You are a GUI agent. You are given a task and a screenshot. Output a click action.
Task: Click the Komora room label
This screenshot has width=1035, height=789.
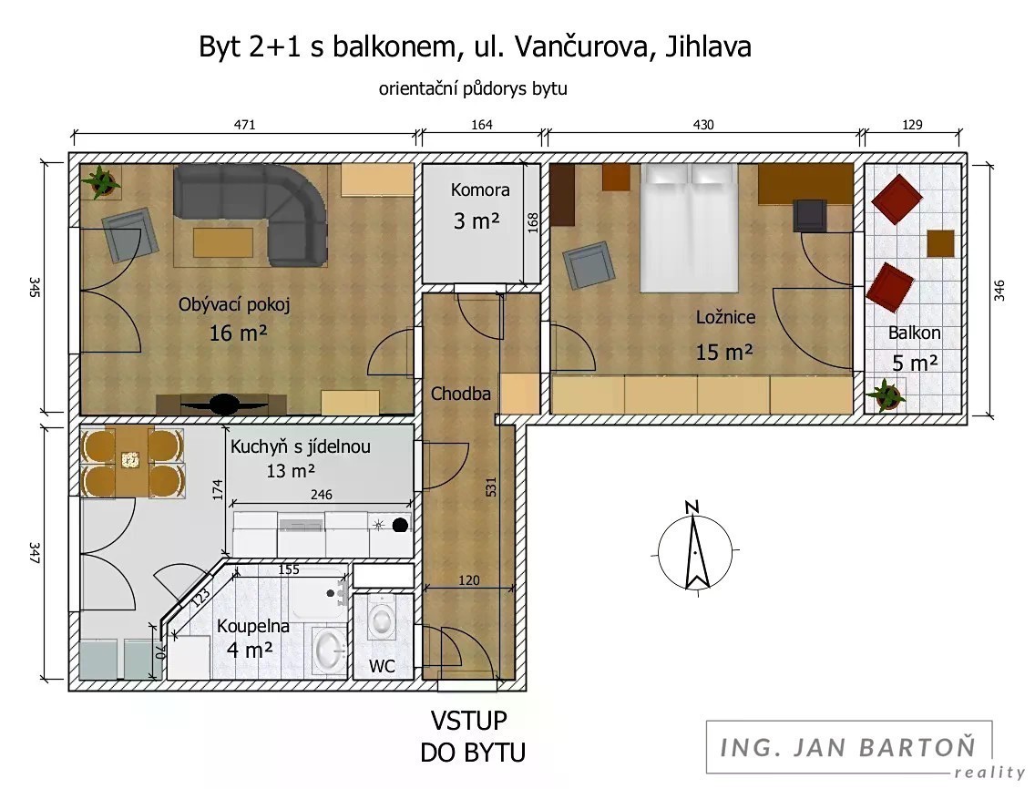click(480, 190)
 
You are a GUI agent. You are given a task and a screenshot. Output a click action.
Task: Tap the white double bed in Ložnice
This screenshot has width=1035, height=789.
click(689, 228)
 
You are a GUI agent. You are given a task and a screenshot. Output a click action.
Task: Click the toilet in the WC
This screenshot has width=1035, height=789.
click(382, 618)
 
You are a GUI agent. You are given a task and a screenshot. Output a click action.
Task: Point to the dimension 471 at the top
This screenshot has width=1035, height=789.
click(244, 125)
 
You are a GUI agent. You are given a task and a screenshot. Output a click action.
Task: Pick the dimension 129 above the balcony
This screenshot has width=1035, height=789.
click(912, 125)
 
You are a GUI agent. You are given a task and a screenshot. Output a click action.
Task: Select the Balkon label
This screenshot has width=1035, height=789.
click(914, 333)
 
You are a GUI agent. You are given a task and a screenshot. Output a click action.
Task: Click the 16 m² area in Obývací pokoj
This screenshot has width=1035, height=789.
click(238, 333)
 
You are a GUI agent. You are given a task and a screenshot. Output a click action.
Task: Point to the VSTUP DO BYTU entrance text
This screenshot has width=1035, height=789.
click(472, 736)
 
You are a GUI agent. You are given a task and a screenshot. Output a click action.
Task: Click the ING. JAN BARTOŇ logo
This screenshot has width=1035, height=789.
click(848, 747)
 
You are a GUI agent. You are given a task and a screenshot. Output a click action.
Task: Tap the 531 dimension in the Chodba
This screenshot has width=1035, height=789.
click(490, 487)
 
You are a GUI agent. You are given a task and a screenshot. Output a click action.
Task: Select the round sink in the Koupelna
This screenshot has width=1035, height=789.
click(330, 648)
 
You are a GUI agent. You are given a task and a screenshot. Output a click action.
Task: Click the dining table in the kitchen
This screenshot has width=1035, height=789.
click(131, 462)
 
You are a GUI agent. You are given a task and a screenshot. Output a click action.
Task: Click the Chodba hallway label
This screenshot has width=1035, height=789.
click(461, 394)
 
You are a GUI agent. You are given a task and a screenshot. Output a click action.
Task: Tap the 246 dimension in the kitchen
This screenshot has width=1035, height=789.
click(321, 495)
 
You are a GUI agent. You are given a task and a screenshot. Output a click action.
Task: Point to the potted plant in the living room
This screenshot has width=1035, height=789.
click(101, 180)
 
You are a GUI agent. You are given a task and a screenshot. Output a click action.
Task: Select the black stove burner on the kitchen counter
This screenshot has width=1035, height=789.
click(399, 526)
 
